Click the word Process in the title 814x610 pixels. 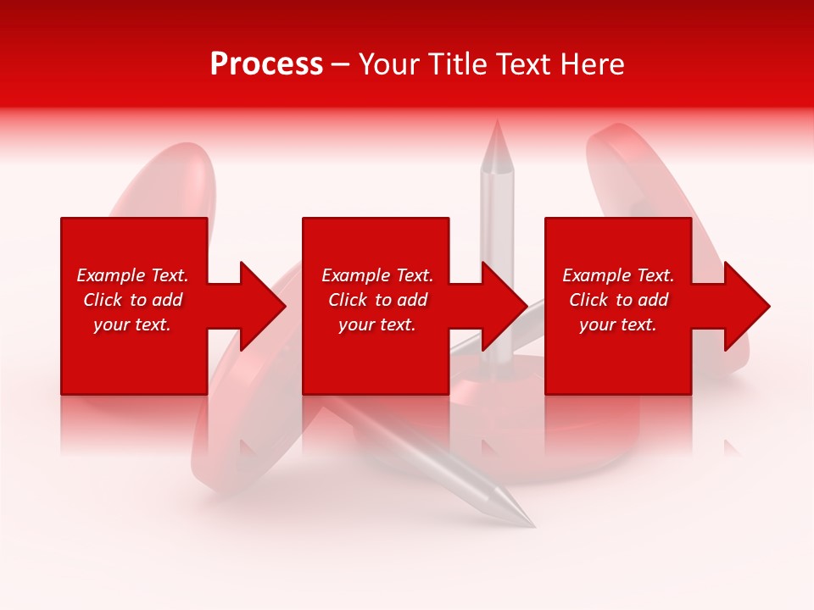tap(266, 64)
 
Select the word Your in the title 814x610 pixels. tap(389, 64)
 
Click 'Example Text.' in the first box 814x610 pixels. tap(132, 275)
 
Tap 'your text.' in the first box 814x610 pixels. tap(132, 324)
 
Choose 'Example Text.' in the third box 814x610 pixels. tap(618, 275)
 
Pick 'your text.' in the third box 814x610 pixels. tap(618, 324)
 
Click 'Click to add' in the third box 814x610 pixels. tap(618, 300)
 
